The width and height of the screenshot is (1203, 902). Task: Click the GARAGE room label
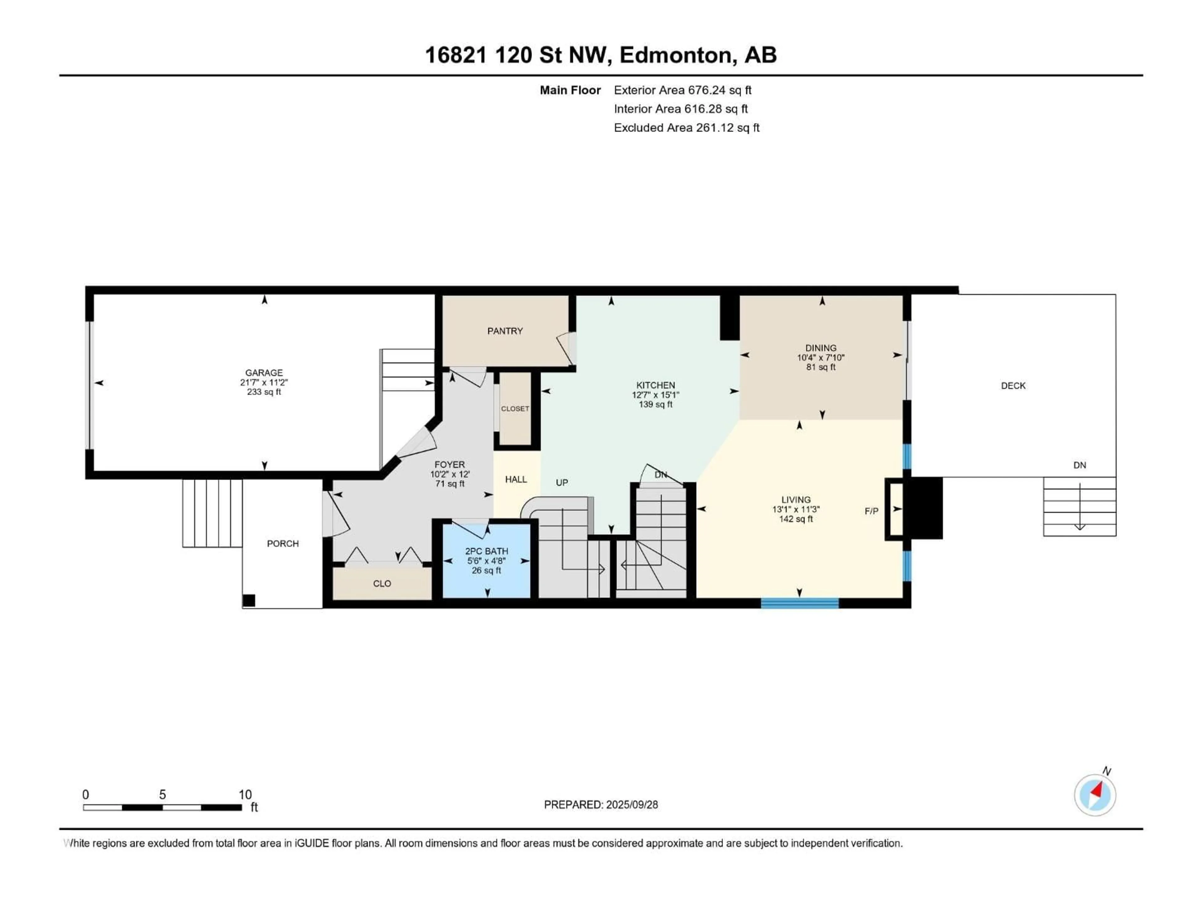[x=264, y=372]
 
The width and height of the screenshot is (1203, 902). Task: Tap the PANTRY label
[x=505, y=330]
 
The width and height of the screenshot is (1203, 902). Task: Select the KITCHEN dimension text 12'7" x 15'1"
[x=655, y=395]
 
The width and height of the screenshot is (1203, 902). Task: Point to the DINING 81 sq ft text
[x=821, y=367]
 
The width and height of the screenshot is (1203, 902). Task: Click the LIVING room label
[x=796, y=499]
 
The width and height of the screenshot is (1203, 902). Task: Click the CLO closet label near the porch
[x=382, y=583]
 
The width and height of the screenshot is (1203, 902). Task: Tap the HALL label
[x=516, y=479]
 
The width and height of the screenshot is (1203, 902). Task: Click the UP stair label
[x=562, y=482]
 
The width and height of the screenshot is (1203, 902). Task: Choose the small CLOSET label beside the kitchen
[x=514, y=408]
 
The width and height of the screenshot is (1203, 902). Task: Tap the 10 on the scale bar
[x=245, y=794]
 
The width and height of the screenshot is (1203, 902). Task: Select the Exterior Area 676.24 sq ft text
[x=683, y=90]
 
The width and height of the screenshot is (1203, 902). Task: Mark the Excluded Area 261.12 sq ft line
[x=686, y=128]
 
